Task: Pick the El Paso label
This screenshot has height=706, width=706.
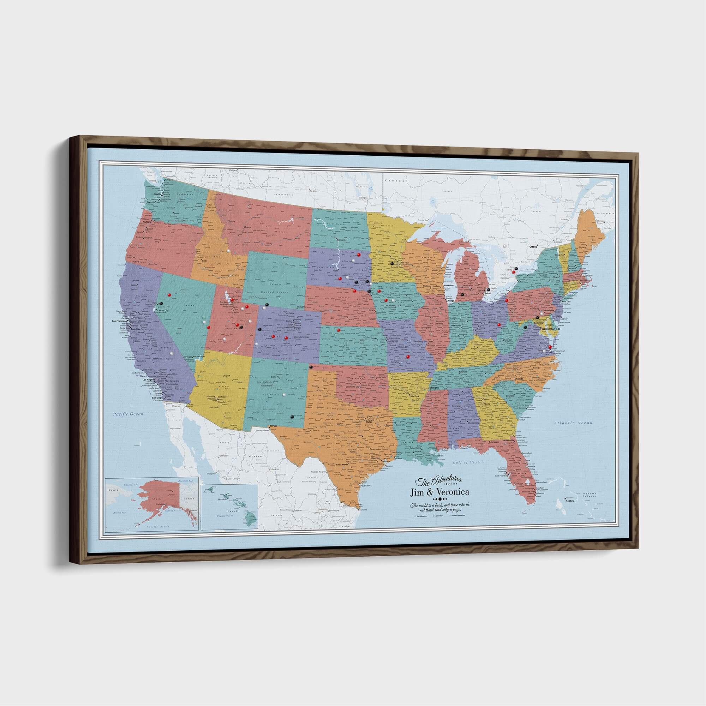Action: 274,426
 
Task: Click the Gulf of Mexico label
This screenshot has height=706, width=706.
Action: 468,463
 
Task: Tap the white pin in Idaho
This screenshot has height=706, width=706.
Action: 229,251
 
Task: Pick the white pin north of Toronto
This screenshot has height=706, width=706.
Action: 505,246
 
